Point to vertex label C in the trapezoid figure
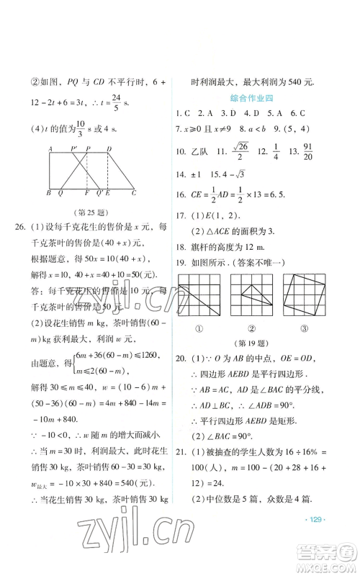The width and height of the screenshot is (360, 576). (x=133, y=193)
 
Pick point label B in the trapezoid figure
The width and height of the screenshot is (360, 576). (x=48, y=193)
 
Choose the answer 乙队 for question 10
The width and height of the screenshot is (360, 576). (x=204, y=170)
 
